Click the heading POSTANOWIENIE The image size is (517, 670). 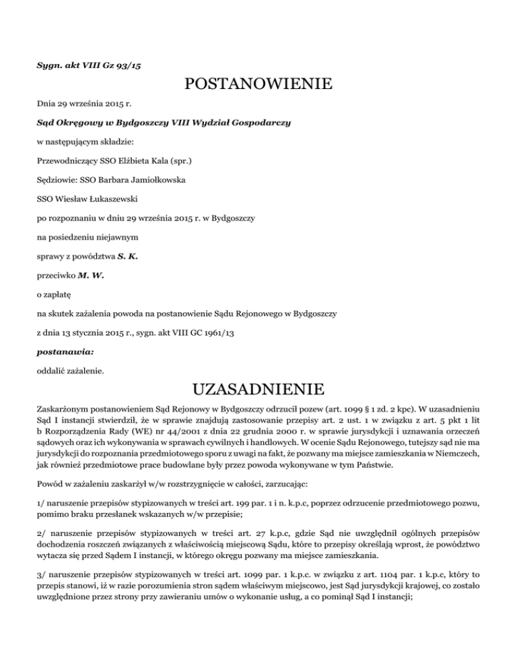(x=258, y=85)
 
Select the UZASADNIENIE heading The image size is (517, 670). (x=258, y=389)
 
